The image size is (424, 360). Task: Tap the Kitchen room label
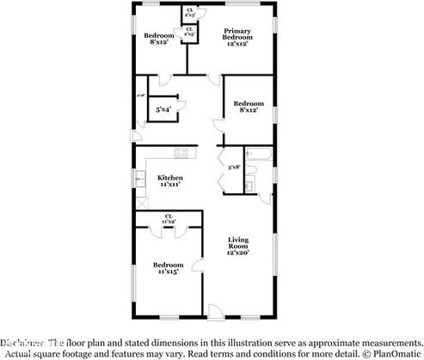pyautogui.click(x=169, y=177)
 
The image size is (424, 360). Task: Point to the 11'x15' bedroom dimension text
pyautogui.click(x=169, y=272)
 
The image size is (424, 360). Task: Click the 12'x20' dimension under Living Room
pyautogui.click(x=237, y=253)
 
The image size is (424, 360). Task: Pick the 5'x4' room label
pyautogui.click(x=163, y=110)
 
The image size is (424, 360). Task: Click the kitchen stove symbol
pyautogui.click(x=181, y=152)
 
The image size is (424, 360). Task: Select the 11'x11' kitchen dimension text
pyautogui.click(x=169, y=184)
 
